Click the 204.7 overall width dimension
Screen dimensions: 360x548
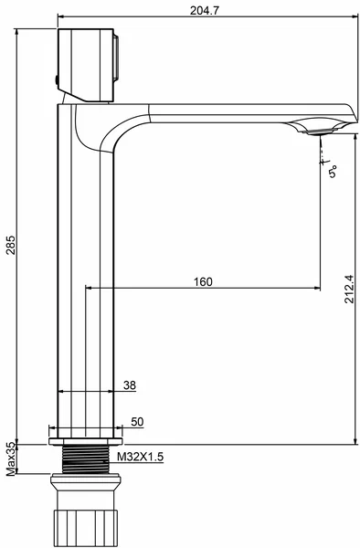tap(205, 10)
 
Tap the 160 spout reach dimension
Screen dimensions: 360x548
tap(203, 281)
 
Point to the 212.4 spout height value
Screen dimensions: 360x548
tap(349, 289)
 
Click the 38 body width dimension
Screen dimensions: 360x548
tap(130, 385)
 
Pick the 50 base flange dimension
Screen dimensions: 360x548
tap(137, 422)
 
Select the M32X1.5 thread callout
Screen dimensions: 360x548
tap(140, 457)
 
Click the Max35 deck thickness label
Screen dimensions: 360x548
tap(11, 459)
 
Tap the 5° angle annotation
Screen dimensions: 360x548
tap(333, 172)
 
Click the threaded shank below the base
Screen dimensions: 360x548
tap(86, 459)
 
